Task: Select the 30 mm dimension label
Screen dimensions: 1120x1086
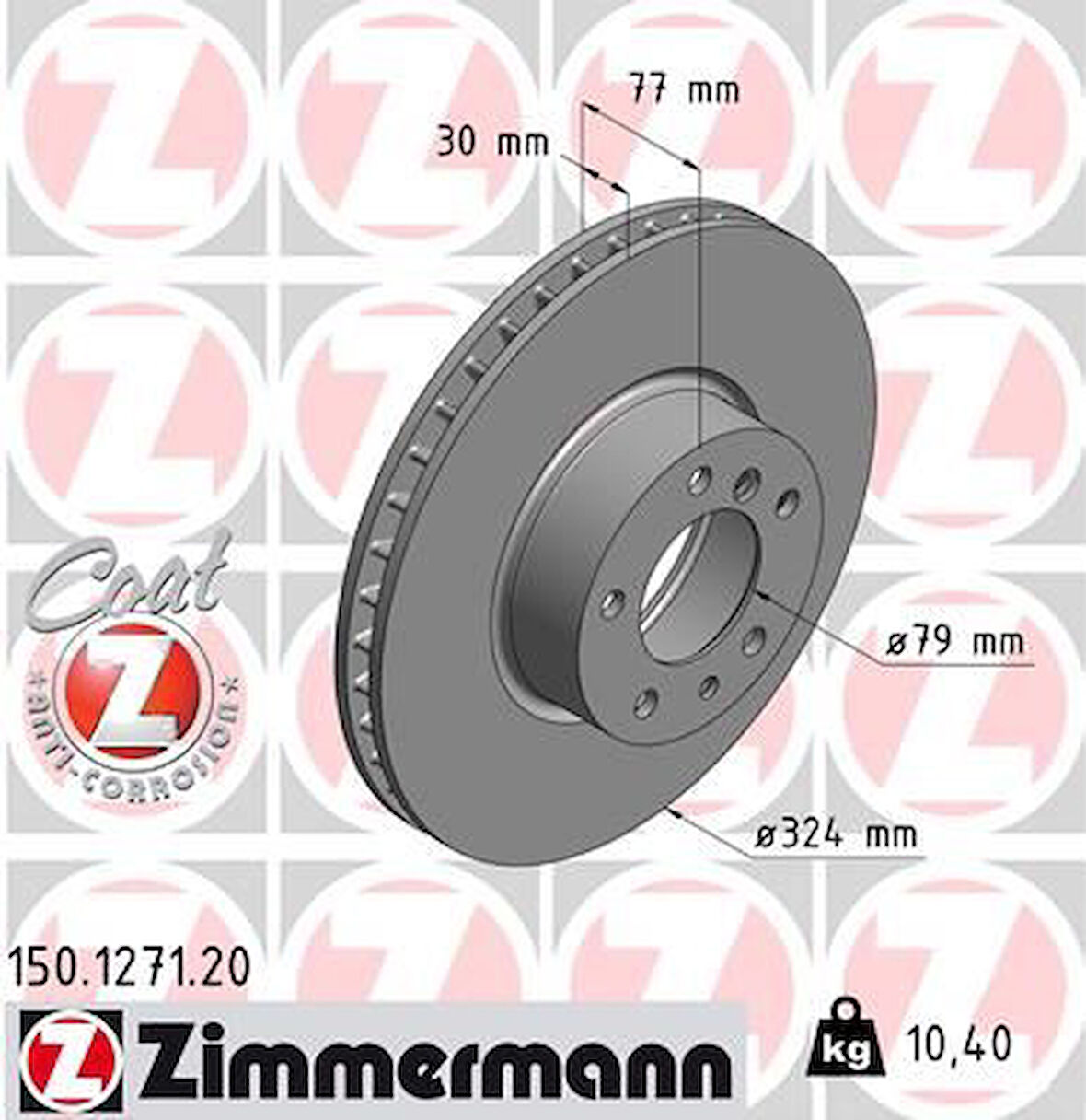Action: coord(491,144)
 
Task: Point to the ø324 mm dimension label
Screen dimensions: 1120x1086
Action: coord(835,835)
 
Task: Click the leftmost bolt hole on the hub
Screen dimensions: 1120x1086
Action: coord(609,603)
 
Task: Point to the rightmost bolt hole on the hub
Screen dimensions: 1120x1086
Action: coord(787,503)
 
